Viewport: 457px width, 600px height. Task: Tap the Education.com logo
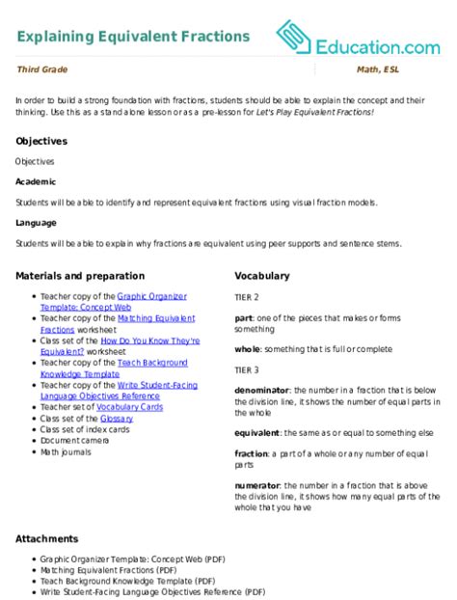[x=358, y=40]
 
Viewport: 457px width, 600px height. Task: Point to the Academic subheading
[x=36, y=181]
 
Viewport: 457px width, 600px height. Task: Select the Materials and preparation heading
[x=80, y=275]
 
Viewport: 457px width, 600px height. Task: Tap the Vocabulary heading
[x=262, y=275]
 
